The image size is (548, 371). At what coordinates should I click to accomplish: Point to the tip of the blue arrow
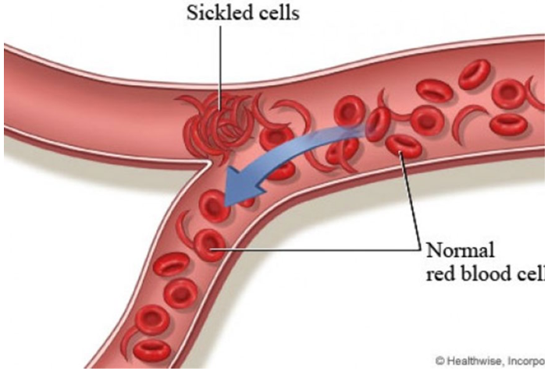225,205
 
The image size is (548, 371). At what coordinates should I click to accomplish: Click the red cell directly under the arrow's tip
213,207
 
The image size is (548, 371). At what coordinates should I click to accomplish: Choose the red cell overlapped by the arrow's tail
377,122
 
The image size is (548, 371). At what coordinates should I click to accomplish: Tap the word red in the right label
441,274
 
